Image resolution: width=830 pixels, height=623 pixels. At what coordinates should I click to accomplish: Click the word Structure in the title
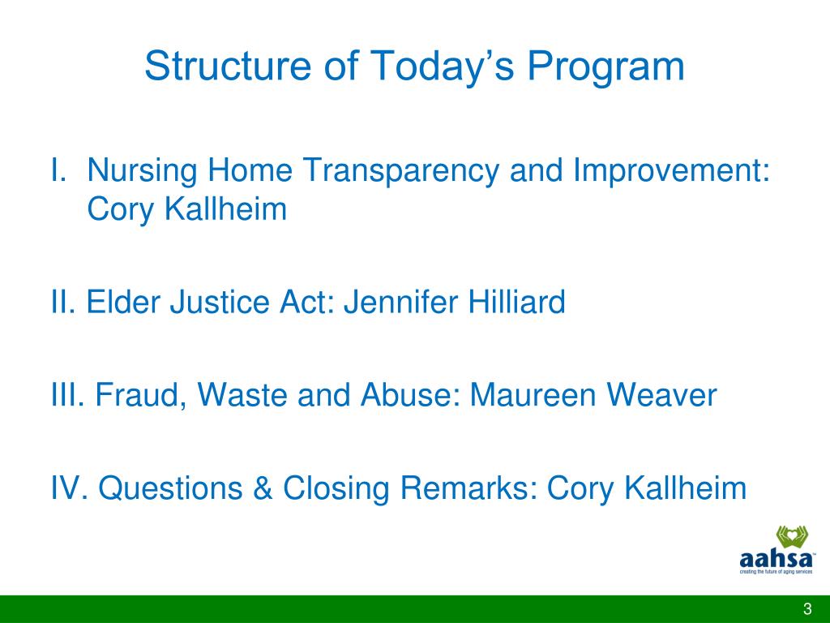(x=228, y=66)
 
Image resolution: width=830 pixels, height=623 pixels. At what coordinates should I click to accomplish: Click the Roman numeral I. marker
(x=58, y=170)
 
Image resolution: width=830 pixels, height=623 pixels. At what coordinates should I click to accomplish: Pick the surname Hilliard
(x=516, y=302)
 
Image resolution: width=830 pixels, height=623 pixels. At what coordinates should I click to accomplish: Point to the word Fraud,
(x=141, y=396)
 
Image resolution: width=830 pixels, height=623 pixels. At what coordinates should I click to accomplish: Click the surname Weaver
(x=661, y=395)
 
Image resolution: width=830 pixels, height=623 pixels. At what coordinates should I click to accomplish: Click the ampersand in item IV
(x=263, y=488)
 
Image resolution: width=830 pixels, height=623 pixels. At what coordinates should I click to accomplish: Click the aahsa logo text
(x=776, y=560)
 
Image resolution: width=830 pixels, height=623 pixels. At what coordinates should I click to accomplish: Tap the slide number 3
(x=807, y=608)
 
